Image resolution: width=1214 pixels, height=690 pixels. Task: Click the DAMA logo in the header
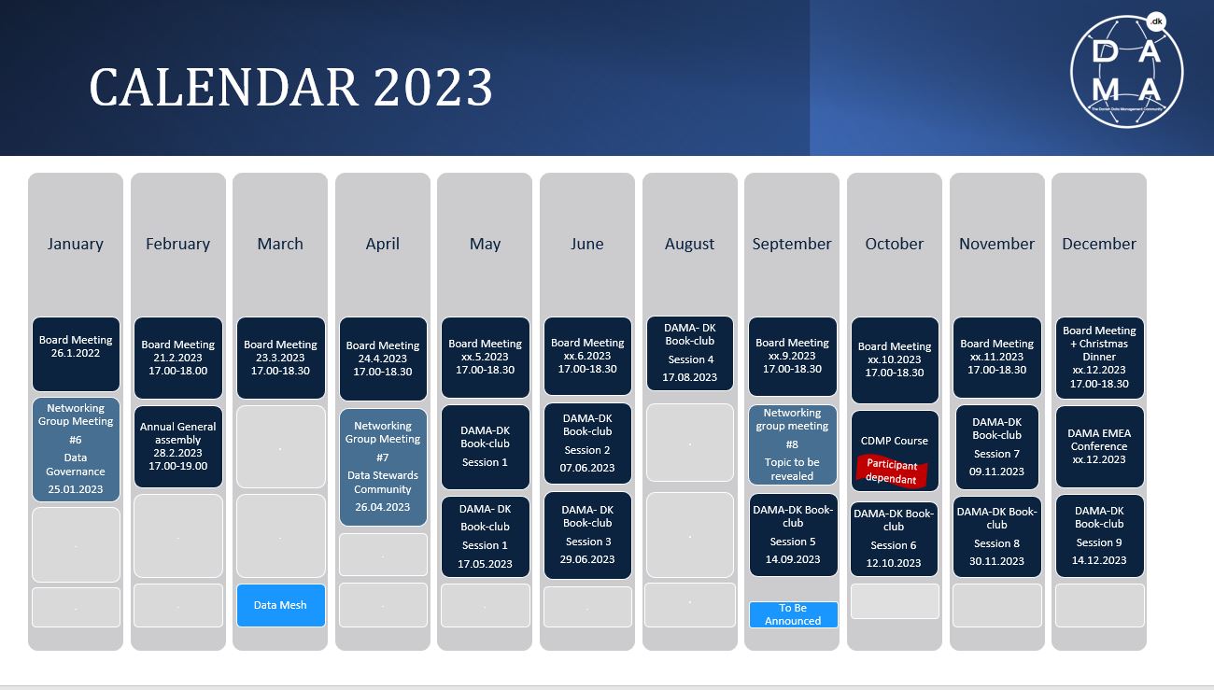(1127, 72)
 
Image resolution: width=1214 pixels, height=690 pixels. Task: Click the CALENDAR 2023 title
(290, 87)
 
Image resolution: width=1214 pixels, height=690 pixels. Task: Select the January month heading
(76, 244)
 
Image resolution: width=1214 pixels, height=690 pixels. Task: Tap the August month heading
(689, 244)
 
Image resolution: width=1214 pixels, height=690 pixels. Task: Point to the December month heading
(1098, 244)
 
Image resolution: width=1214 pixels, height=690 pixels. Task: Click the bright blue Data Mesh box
(281, 605)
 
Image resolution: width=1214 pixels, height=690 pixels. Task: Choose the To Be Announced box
(793, 614)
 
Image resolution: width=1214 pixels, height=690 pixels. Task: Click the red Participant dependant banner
(892, 471)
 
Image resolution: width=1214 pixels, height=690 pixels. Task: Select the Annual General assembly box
(177, 446)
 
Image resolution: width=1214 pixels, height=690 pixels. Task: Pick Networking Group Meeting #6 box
(76, 449)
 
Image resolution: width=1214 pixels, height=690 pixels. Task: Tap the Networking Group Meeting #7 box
(383, 467)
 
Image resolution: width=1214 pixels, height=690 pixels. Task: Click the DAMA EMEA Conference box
(1099, 446)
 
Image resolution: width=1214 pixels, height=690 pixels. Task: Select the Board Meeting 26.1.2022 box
(76, 354)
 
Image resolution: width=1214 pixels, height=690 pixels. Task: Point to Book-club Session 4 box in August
(689, 353)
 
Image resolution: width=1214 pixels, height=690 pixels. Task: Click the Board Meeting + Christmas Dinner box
(1099, 358)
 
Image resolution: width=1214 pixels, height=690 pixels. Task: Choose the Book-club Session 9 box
(1099, 536)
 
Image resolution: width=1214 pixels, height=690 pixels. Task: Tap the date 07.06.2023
(587, 468)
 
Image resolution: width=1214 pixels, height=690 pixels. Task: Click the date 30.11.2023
(996, 561)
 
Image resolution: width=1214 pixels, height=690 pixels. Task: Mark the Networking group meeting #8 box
(792, 444)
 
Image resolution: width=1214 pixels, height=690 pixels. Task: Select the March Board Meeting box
(281, 358)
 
